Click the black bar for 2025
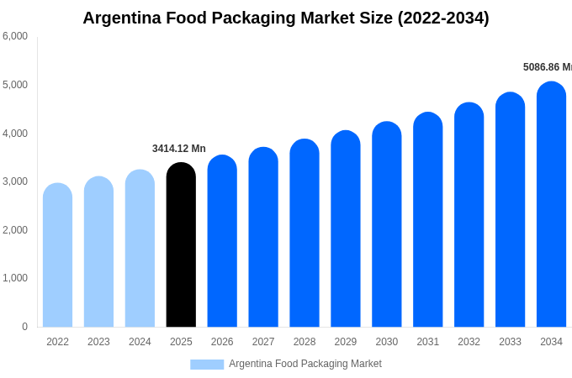(181, 245)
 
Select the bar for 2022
(57, 255)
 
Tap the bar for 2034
(551, 204)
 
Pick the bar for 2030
(387, 224)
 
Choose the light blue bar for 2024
(140, 249)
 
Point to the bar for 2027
(263, 237)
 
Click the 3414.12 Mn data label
(178, 149)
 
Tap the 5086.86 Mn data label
(547, 67)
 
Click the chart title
(286, 18)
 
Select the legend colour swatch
(207, 365)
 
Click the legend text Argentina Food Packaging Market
(305, 364)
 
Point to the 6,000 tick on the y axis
(15, 36)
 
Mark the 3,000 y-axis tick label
(15, 181)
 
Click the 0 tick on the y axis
(24, 327)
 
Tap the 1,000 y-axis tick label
(15, 278)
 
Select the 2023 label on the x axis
(98, 342)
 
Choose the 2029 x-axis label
(346, 342)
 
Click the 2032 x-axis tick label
(469, 342)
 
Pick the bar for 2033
(510, 210)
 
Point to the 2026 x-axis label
(222, 342)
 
